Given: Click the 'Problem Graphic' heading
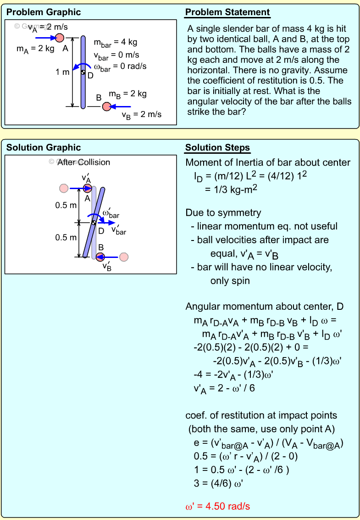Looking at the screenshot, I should tap(44, 12).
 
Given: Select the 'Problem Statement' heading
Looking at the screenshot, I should tap(227, 12).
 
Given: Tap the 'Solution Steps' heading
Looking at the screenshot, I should tap(217, 148).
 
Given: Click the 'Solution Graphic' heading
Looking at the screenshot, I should tap(44, 148).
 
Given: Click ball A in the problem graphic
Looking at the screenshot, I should tap(60, 38).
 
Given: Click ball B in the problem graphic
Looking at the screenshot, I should tap(106, 106).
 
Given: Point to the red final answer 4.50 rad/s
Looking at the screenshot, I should tap(217, 507).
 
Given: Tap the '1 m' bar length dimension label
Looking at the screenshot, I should tap(62, 72).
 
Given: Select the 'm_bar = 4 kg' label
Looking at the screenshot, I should tap(116, 43).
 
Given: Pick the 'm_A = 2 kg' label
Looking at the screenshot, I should tap(36, 49).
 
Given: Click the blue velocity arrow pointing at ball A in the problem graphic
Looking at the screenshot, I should tap(45, 38).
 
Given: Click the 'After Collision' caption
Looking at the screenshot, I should tap(84, 162).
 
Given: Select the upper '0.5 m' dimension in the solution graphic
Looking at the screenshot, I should tap(66, 205).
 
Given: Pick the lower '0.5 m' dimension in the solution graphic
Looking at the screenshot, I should tap(66, 237).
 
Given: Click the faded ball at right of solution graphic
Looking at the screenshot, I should tap(124, 257).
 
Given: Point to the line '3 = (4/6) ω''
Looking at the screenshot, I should tap(218, 483).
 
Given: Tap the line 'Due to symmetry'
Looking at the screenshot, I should tap(223, 212).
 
